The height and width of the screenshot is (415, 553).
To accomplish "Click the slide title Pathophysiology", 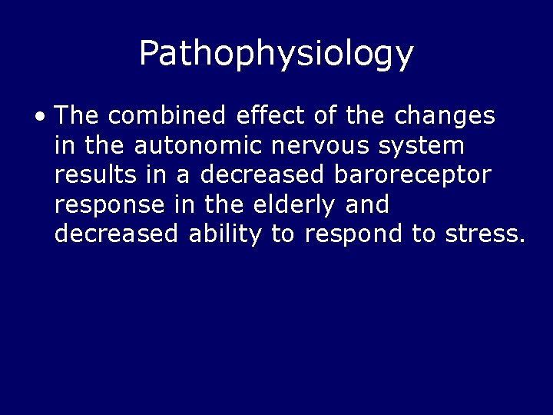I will click(276, 53).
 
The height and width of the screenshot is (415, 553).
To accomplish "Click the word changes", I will click(445, 117).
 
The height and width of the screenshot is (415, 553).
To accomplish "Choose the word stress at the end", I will click(485, 234).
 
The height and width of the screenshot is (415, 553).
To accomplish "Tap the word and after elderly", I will click(367, 204).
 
